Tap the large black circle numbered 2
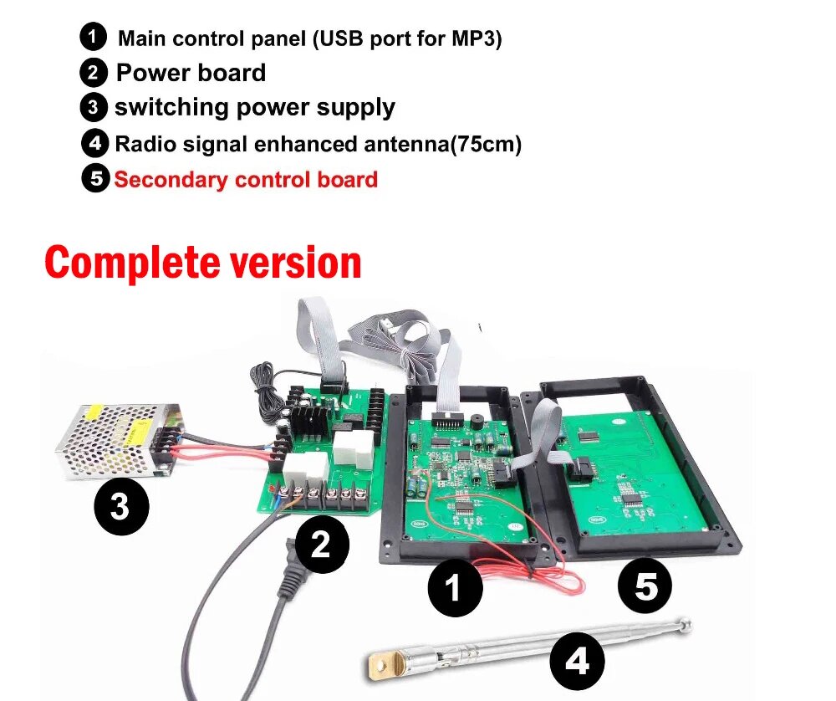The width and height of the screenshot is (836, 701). tap(320, 545)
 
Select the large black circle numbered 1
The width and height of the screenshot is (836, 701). tap(455, 588)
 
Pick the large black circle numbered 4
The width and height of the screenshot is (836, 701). tap(578, 663)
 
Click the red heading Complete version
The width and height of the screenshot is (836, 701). tap(203, 263)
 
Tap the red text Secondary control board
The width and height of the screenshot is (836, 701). tap(246, 180)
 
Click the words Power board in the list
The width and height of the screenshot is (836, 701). tap(191, 73)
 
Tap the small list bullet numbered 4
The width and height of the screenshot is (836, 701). tap(94, 143)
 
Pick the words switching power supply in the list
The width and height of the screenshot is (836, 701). tap(255, 108)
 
